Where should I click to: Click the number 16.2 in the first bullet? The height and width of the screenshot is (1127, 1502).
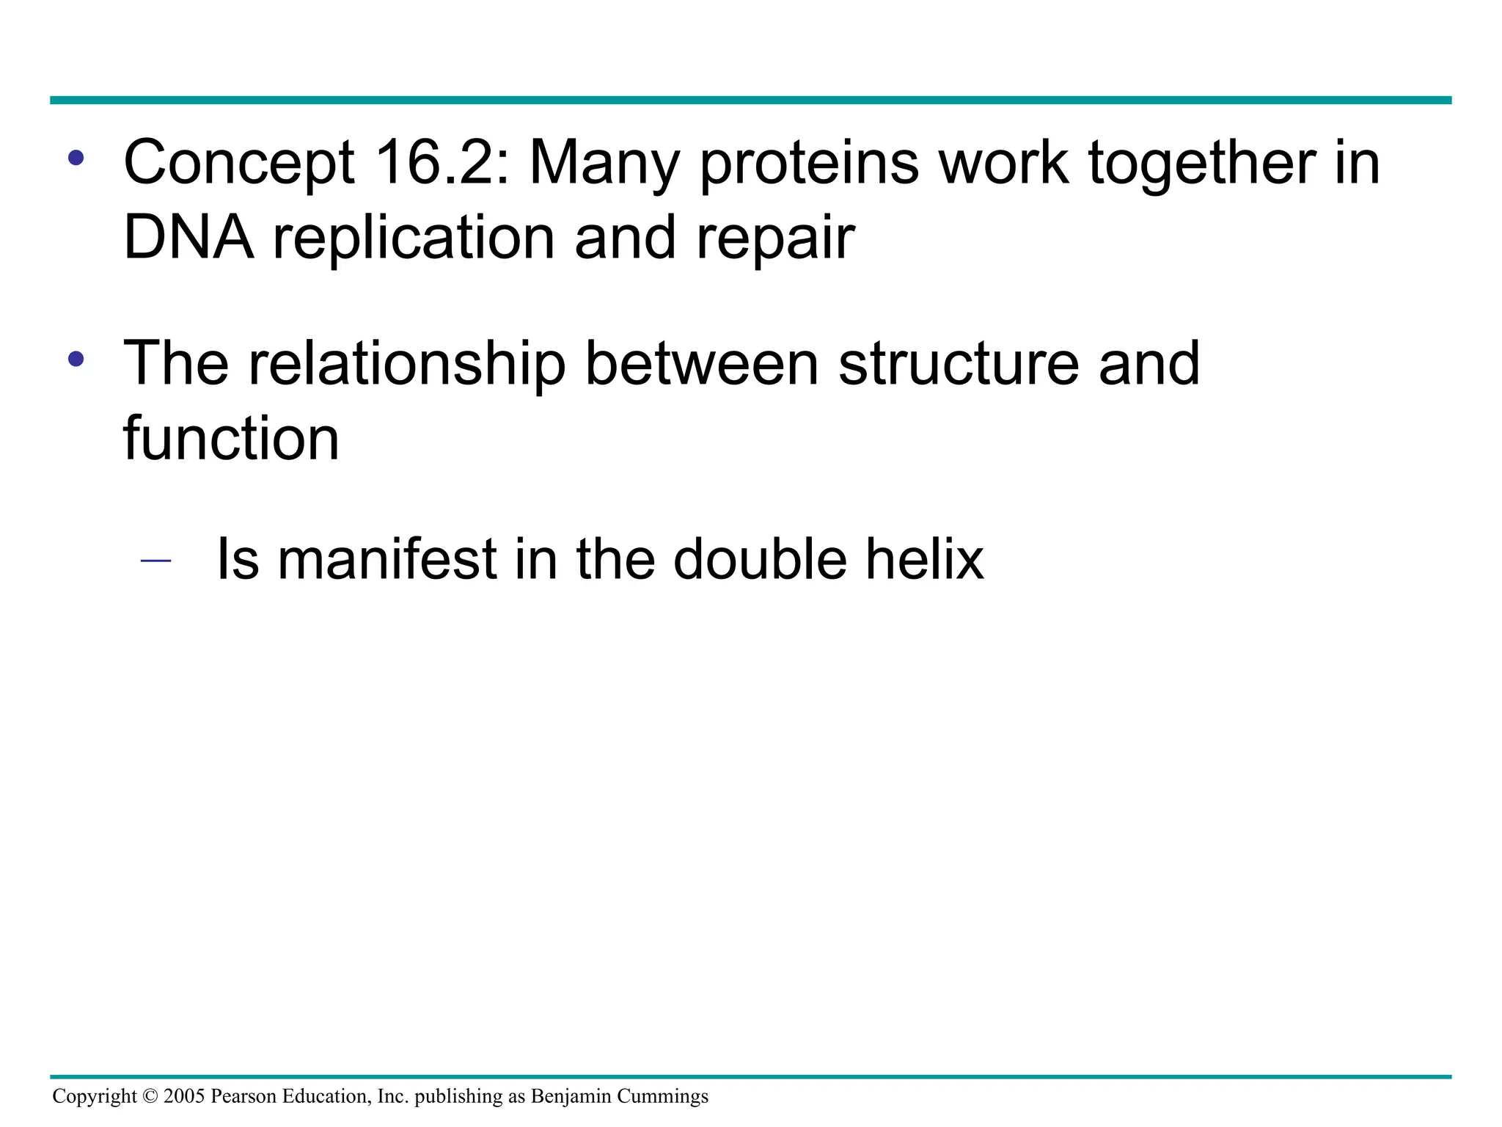440,163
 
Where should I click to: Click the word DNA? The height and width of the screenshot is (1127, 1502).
188,238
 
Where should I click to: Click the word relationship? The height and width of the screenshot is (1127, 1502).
407,364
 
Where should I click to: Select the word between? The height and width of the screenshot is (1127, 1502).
701,364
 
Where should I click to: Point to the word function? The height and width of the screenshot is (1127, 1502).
231,438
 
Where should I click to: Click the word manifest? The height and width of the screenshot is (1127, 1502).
387,559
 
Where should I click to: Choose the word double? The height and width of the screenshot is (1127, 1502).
760,559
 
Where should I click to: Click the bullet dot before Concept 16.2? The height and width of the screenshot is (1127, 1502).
76,158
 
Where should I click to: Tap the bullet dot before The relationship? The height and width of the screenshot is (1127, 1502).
76,359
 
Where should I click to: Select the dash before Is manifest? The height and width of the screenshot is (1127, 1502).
155,561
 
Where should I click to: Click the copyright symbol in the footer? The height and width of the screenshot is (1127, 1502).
150,1096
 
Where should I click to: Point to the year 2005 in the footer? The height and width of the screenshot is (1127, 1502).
184,1096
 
